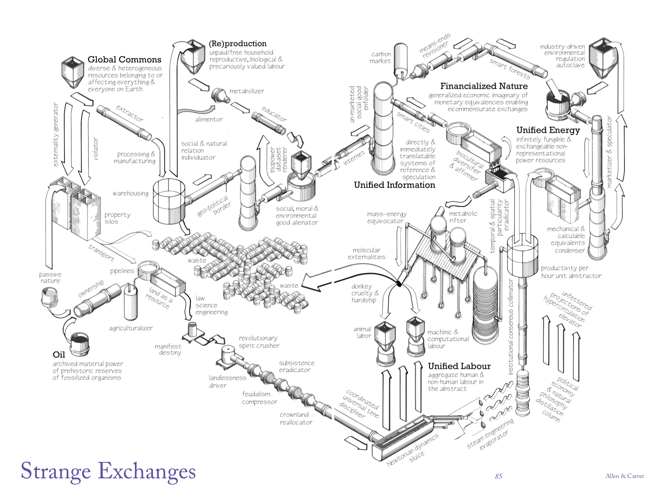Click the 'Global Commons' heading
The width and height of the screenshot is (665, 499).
(125, 60)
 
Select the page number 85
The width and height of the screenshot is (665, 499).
(498, 476)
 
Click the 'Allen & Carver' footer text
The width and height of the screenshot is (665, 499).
(624, 476)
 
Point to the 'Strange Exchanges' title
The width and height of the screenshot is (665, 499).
(108, 471)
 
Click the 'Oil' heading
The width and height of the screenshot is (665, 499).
(59, 355)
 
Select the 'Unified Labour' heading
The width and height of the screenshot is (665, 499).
(459, 366)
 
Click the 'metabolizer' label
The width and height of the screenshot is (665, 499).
(246, 91)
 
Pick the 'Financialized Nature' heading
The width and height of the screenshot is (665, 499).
(484, 86)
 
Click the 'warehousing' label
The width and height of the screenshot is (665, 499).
(130, 193)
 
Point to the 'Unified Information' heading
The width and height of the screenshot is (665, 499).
(394, 185)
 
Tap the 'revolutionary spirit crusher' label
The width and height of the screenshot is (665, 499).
(259, 342)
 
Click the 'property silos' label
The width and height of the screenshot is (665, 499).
(117, 218)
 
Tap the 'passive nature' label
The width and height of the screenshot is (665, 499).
(50, 277)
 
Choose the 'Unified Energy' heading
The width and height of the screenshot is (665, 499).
(548, 130)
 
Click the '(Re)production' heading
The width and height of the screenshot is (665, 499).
(238, 44)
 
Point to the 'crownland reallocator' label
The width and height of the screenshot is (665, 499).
(296, 418)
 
